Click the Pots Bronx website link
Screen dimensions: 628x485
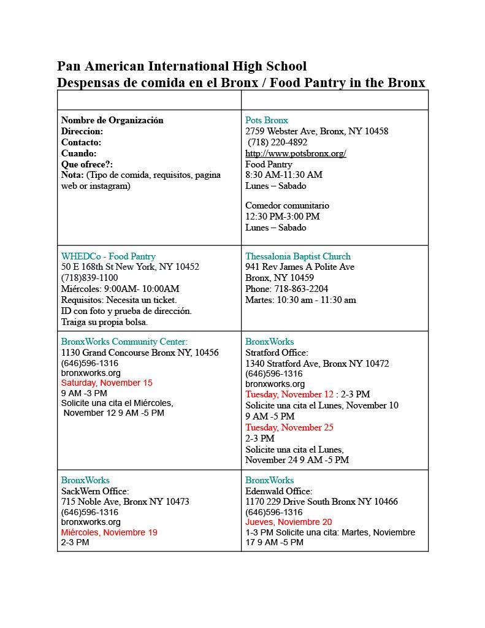coord(296,153)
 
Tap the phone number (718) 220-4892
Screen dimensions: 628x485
coord(278,142)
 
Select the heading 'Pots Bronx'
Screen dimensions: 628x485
coord(267,120)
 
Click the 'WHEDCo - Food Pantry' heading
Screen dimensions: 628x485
coord(108,256)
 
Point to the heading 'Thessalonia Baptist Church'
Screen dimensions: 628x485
coord(298,256)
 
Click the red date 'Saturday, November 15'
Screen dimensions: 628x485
coord(107,383)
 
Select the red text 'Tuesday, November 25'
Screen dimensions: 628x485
coord(289,427)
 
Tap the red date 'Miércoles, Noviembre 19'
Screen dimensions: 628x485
coord(109,532)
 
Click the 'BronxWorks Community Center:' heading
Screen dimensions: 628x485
coord(124,342)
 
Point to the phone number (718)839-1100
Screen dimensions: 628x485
coord(90,278)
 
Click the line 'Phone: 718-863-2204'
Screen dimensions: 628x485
coord(286,289)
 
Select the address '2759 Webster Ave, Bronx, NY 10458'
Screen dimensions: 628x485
coord(316,131)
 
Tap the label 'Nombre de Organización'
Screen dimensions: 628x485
coord(112,120)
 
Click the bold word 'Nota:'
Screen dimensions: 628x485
coord(72,175)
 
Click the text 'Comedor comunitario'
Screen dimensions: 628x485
coord(287,205)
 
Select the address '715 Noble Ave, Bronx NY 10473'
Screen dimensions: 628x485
coord(125,502)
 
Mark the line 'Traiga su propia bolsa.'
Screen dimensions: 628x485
coord(104,322)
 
